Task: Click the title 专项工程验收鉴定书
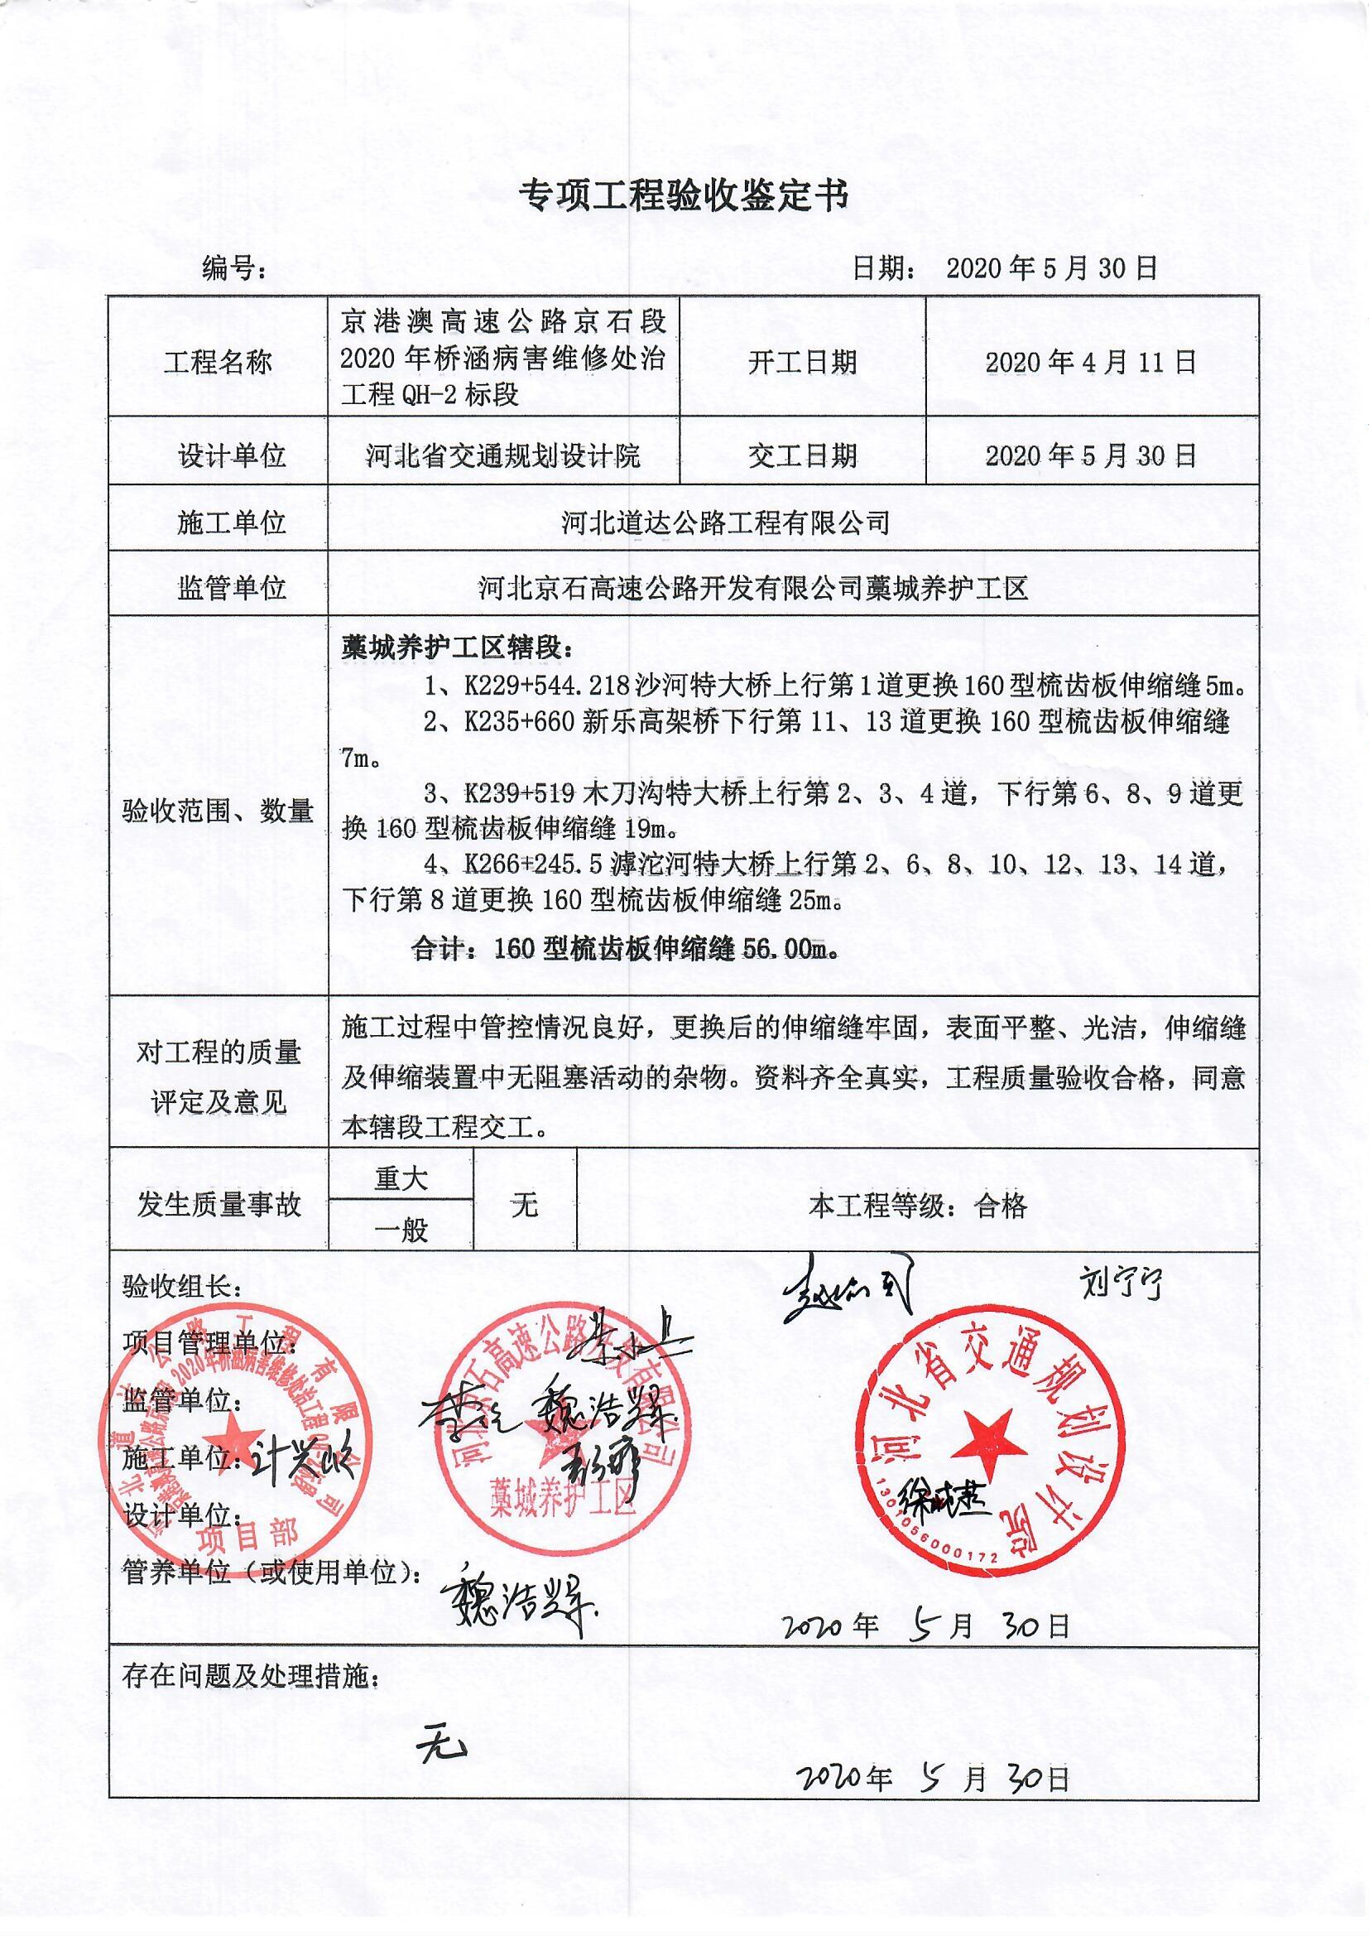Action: pyautogui.click(x=684, y=195)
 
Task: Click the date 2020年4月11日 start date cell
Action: pyautogui.click(x=1091, y=363)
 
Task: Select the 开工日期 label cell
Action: pyautogui.click(x=803, y=363)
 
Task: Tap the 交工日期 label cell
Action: pyautogui.click(x=803, y=456)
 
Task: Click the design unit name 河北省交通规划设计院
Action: pyautogui.click(x=503, y=456)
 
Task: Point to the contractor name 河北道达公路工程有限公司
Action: pyautogui.click(x=726, y=523)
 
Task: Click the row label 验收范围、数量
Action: pyautogui.click(x=219, y=811)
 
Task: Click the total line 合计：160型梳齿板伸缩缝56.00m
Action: pyautogui.click(x=626, y=950)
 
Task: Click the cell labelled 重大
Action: pyautogui.click(x=401, y=1179)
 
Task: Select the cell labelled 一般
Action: pyautogui.click(x=401, y=1230)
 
